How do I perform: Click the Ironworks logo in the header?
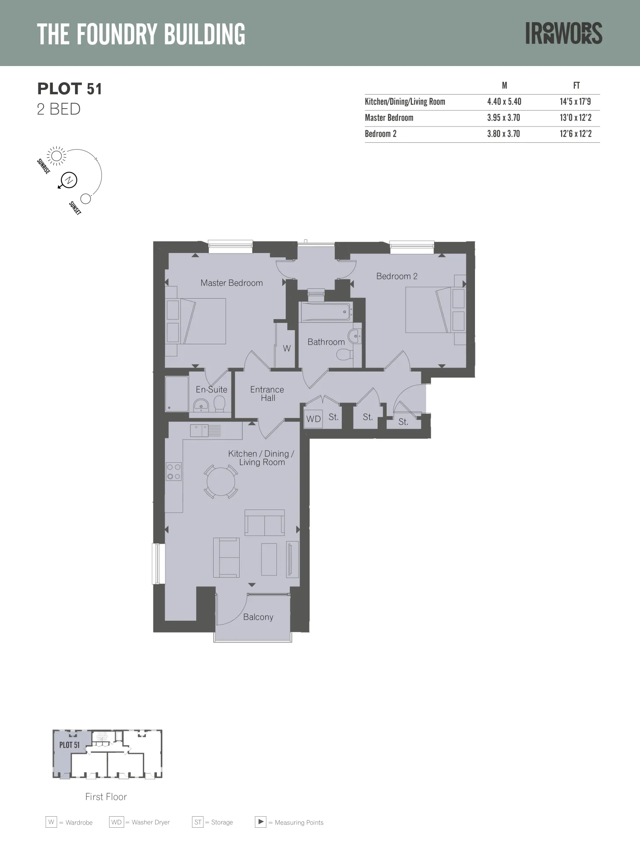(x=564, y=33)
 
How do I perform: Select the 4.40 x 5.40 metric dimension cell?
(x=504, y=102)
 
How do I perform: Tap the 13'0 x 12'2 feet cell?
(x=576, y=118)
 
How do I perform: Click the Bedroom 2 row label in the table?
(x=381, y=134)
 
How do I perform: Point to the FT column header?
(x=576, y=86)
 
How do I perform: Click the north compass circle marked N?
(x=69, y=180)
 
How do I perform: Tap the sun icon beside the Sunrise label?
(x=56, y=155)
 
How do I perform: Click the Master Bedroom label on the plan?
(x=232, y=283)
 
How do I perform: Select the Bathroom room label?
(x=326, y=342)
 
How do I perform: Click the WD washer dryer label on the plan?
(x=313, y=419)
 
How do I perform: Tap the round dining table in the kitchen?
(x=221, y=481)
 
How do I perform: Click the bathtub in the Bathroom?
(x=326, y=312)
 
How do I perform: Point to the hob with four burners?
(x=174, y=472)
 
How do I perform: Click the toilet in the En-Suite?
(x=220, y=404)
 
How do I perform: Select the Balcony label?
(x=258, y=617)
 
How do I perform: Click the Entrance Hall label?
(x=267, y=394)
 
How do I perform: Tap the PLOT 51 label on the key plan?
(x=70, y=745)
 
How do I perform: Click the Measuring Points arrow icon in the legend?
(x=261, y=822)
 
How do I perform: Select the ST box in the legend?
(x=198, y=822)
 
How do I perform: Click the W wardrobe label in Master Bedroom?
(x=287, y=348)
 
